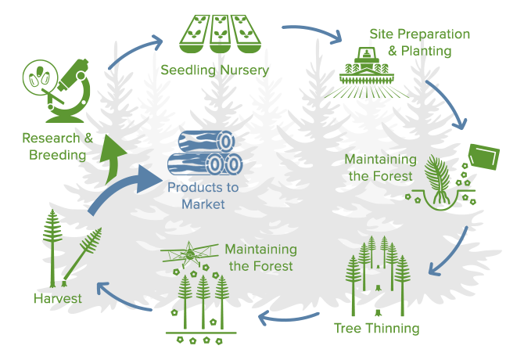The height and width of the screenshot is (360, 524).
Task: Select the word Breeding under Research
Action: (x=57, y=155)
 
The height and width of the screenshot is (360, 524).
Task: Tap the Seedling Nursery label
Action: (x=214, y=70)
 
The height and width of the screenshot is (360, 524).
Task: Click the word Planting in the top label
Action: (x=425, y=52)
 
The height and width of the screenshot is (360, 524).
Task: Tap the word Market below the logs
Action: (x=203, y=204)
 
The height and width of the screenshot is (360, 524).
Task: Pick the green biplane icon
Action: (x=187, y=256)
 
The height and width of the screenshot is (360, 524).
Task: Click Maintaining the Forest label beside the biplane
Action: (x=260, y=257)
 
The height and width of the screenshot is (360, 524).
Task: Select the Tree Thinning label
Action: (x=376, y=328)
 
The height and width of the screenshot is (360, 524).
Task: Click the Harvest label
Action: (x=58, y=298)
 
